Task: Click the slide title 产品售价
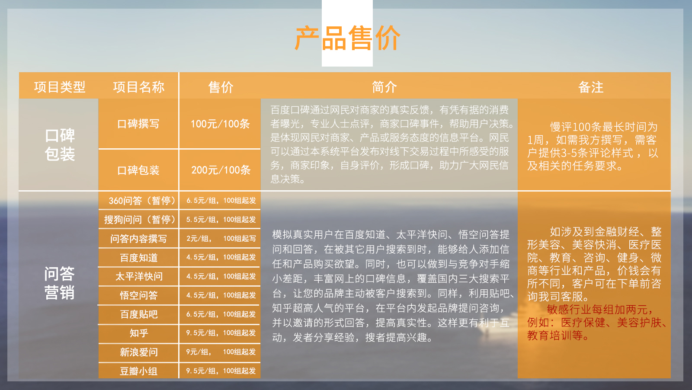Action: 348,38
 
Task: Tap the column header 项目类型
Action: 60,87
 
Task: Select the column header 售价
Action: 221,87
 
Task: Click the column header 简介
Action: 384,87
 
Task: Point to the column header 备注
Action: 591,87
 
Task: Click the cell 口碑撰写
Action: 138,124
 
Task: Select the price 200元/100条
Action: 221,170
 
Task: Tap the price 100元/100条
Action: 220,124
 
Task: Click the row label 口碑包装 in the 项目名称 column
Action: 138,170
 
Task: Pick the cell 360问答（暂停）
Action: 142,201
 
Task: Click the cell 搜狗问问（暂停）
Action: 140,220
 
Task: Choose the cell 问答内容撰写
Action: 138,239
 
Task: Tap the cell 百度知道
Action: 139,258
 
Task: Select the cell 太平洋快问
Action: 139,276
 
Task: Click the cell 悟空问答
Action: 139,295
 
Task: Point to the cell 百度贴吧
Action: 139,314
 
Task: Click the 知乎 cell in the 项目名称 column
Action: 139,333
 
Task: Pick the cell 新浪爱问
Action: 139,352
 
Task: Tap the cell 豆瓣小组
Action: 139,371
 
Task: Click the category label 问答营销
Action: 59,283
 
